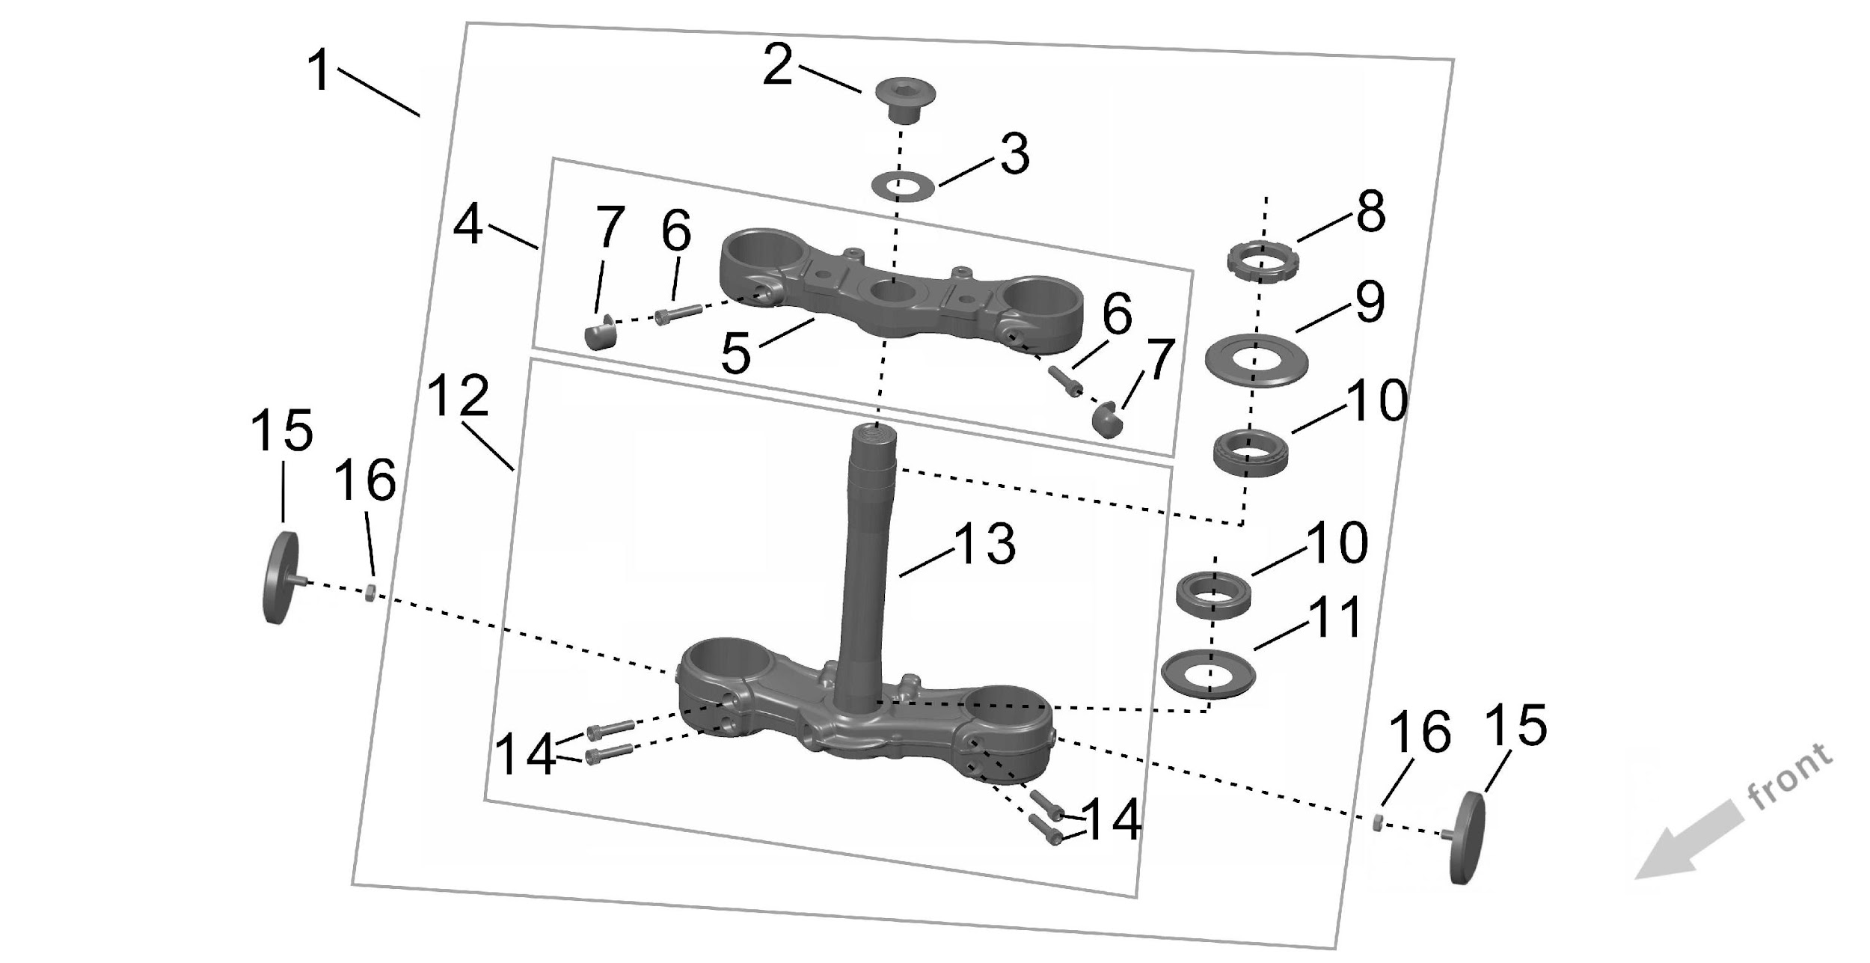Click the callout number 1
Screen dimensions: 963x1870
point(320,72)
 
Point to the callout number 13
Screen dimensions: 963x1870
point(984,545)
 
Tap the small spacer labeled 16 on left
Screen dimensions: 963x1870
point(369,595)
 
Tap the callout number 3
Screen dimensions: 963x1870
point(1014,155)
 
